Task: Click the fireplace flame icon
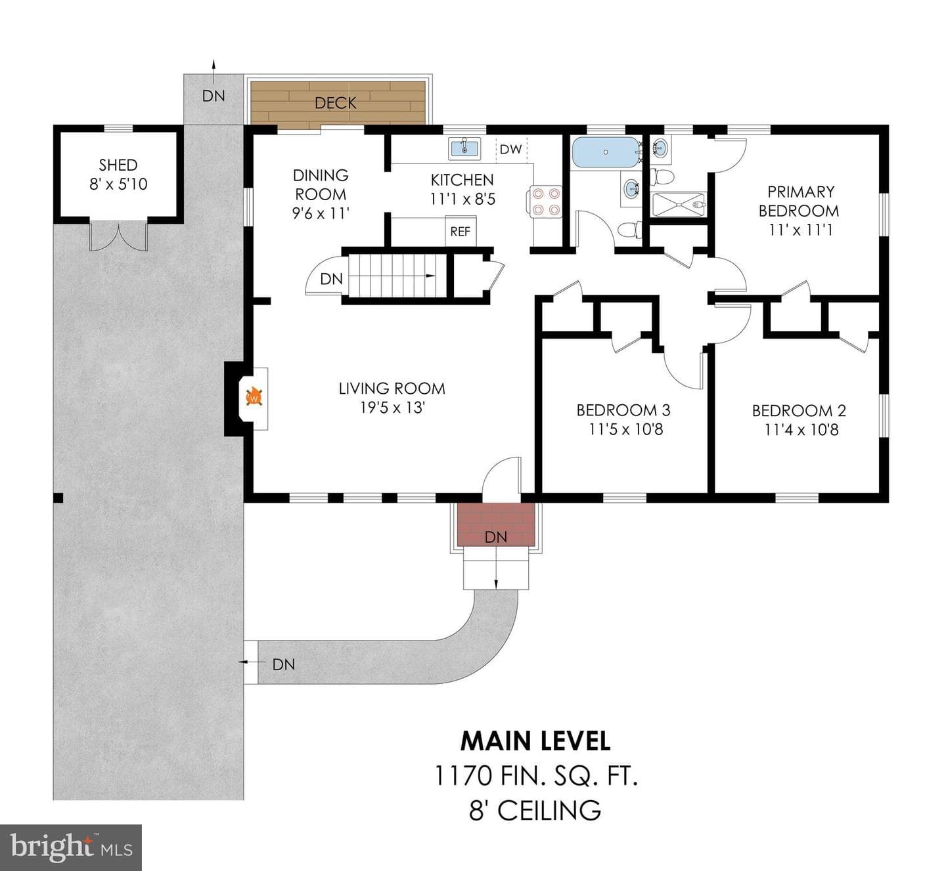254,396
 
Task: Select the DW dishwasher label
510,150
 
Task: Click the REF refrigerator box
461,231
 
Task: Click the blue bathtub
606,152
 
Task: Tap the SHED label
118,165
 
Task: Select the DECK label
335,103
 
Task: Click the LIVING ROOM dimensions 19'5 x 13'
392,408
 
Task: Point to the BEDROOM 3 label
623,410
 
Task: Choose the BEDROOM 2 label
799,410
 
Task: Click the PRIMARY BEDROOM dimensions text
801,230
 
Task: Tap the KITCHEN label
462,180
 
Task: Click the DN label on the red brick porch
495,537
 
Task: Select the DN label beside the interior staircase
331,279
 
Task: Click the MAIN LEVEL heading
535,742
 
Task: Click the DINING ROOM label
321,184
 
